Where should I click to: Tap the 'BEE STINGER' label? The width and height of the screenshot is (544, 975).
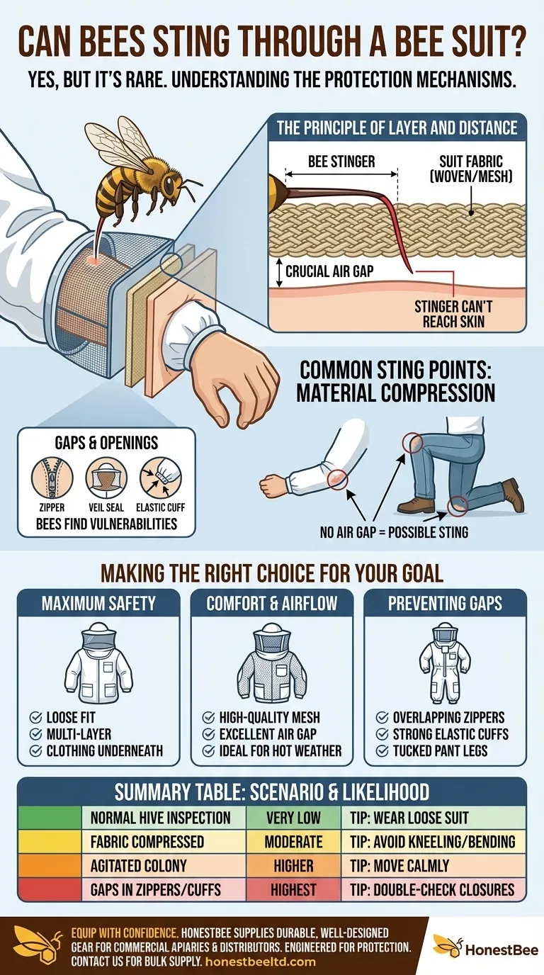(x=341, y=162)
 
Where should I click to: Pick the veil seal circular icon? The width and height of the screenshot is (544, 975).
(x=106, y=476)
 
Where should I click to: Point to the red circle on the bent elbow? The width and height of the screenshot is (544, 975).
(x=336, y=479)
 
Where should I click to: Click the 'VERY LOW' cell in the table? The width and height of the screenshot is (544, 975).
(x=293, y=817)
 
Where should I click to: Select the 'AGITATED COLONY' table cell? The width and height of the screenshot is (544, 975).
(x=138, y=865)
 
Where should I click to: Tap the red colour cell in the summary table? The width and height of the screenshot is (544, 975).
(x=50, y=889)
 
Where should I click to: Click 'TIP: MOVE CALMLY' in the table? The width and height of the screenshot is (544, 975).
(x=399, y=865)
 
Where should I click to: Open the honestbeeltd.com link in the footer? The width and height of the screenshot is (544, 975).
(x=259, y=962)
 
